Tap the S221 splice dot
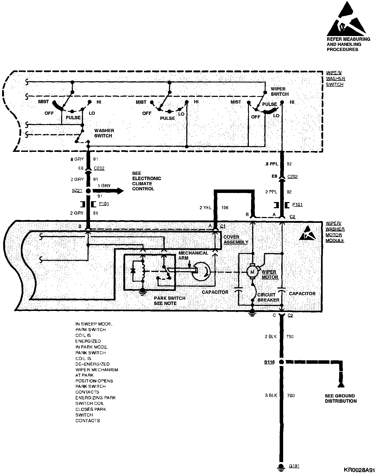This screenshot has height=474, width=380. click(88, 191)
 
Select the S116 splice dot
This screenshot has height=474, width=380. click(281, 362)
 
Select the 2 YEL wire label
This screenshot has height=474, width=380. click(205, 208)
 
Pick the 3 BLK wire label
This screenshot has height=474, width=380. click(271, 395)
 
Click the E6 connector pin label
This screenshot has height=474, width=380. click(81, 168)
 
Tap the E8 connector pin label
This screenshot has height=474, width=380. click(274, 176)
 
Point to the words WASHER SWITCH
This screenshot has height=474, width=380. click(104, 133)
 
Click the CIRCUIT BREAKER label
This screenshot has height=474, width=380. click(268, 297)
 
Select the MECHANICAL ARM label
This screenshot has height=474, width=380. click(193, 255)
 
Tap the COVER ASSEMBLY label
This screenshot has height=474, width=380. click(236, 240)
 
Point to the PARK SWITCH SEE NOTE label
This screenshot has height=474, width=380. click(169, 301)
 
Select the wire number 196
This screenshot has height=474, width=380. click(225, 208)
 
